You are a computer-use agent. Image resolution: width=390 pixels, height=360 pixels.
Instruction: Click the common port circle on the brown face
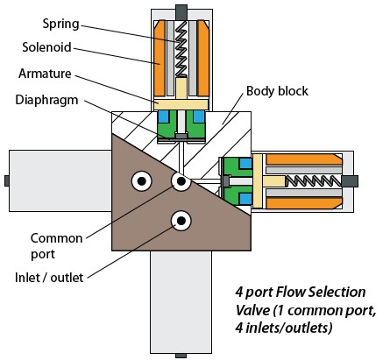coord(182,181)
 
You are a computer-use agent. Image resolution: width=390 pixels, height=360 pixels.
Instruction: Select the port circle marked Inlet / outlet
coord(182,220)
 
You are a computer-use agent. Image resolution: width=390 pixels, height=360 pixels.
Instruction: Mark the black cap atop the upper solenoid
coord(180,11)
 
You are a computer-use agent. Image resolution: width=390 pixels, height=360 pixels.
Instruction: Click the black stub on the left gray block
coord(6,181)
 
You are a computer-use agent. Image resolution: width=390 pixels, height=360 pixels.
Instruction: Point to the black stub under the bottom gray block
coord(181,355)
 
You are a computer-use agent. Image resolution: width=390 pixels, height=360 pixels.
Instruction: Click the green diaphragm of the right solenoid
coord(235,181)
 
